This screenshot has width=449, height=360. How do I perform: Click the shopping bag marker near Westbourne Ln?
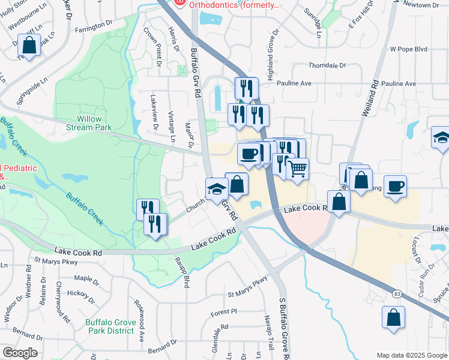pyautogui.click(x=28, y=44)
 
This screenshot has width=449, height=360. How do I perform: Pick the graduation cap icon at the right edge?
pyautogui.click(x=441, y=138)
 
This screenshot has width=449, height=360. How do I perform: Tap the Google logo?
pyautogui.click(x=19, y=353)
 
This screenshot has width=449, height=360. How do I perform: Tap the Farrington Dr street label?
pyautogui.click(x=94, y=26)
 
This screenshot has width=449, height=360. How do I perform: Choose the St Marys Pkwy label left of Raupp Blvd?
pyautogui.click(x=56, y=261)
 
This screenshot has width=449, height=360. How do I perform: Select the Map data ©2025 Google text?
pyautogui.click(x=411, y=355)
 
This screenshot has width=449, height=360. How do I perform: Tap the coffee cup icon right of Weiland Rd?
pyautogui.click(x=395, y=187)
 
